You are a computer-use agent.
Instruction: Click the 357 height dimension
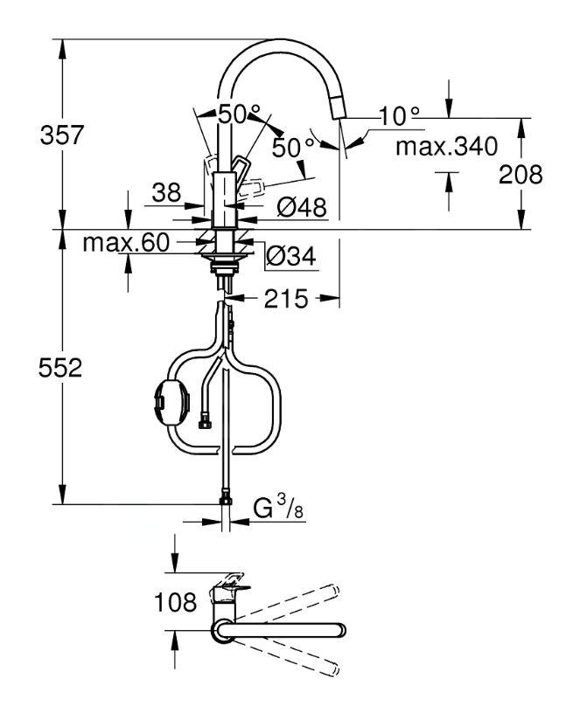(x=62, y=135)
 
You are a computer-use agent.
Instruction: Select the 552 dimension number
(x=60, y=368)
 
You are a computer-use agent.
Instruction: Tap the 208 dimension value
(x=521, y=175)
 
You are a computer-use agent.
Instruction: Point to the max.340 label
(x=446, y=146)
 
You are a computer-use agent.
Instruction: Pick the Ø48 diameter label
(x=302, y=207)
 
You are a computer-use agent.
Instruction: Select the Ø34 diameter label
(x=291, y=256)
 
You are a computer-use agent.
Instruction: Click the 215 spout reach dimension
(x=285, y=299)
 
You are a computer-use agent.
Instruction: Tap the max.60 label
(x=126, y=242)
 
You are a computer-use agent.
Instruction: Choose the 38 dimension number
(x=166, y=193)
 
